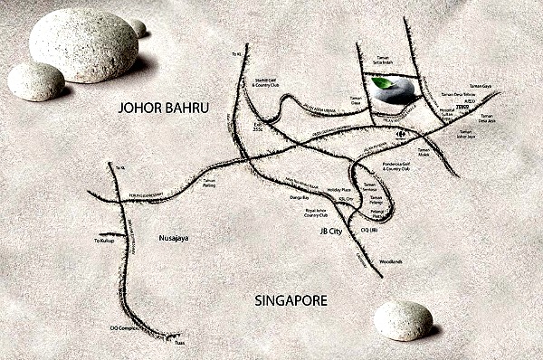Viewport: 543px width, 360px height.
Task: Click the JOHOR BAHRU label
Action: pos(164,109)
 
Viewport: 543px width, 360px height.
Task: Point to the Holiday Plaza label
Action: pos(338,190)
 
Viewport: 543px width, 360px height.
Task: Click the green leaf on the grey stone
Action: pos(384,83)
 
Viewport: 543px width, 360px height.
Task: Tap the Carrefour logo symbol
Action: pos(401,133)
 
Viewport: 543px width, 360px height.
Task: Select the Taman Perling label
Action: pos(210,182)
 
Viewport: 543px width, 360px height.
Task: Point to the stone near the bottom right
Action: pos(403,320)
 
